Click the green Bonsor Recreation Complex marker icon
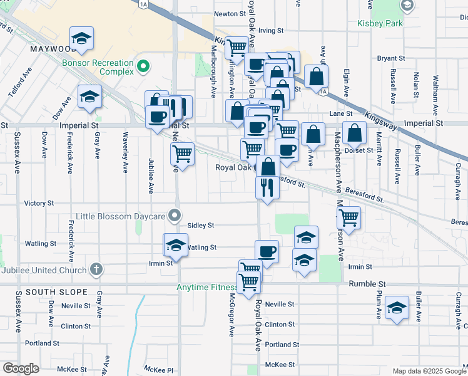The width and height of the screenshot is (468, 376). coord(143,65)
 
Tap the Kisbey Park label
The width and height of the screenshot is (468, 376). coord(380,24)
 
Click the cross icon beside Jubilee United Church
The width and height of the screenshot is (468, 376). coord(95,269)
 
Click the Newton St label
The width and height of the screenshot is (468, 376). coord(230,14)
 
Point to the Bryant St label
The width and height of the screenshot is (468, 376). coord(391,58)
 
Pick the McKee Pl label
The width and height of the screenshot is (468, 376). coord(158,370)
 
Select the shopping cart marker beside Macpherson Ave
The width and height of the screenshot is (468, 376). coord(348,218)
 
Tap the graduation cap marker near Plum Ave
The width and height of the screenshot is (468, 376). coord(397,308)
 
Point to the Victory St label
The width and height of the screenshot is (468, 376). coord(39,203)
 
